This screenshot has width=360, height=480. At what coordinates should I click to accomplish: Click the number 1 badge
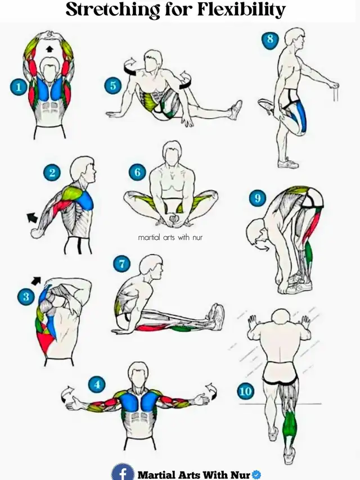[19, 87]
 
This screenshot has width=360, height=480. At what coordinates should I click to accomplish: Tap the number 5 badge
[112, 85]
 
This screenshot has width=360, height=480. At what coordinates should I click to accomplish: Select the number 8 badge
[270, 39]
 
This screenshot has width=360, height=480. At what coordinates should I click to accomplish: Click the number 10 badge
[246, 391]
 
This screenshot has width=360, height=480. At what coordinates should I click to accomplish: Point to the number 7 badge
[122, 264]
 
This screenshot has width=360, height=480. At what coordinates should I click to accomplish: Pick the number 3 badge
[26, 296]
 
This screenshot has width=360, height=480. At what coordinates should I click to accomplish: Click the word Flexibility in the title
[241, 10]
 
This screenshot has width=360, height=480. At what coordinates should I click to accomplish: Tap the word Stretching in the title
[112, 10]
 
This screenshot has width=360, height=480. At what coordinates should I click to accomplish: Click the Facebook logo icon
[123, 472]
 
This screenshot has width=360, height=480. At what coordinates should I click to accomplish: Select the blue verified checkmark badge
[256, 474]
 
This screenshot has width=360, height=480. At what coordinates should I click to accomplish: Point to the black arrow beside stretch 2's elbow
[32, 218]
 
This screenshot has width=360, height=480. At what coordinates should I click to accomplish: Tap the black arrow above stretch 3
[36, 280]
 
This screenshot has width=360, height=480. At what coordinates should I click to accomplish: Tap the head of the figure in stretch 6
[172, 152]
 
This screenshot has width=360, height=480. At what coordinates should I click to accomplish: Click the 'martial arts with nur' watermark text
[170, 237]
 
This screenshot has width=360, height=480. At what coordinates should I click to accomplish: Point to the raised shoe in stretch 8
[265, 106]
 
